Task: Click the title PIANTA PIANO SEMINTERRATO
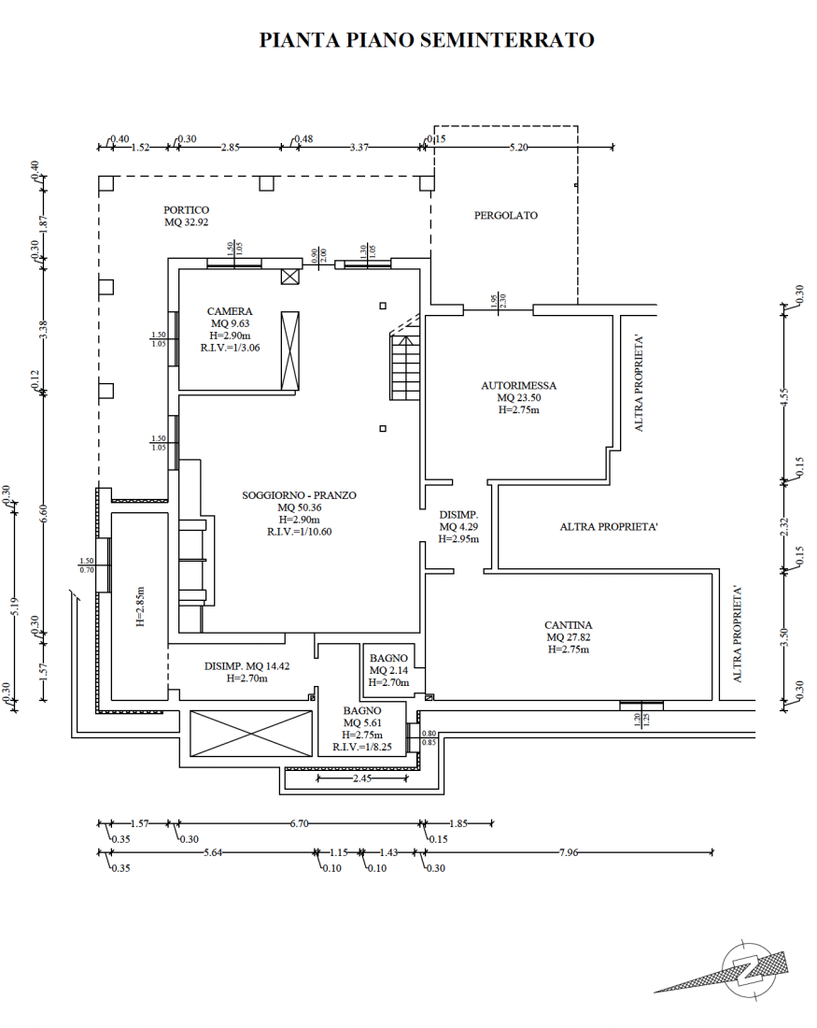point(427,40)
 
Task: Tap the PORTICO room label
point(187,209)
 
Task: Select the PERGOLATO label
point(506,215)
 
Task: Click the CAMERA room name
point(230,311)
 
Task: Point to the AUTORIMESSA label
point(519,385)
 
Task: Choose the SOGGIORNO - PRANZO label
point(300,495)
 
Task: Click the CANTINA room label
point(568,625)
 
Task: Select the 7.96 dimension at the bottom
point(569,852)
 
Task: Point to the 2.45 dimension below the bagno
point(362,778)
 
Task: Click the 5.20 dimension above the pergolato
point(518,147)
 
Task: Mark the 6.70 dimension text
point(300,822)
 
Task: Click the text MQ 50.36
point(300,507)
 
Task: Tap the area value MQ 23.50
point(519,397)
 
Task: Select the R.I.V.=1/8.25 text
point(362,747)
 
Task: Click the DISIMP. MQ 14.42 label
point(247,666)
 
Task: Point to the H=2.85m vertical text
point(141,607)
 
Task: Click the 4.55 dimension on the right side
point(785,398)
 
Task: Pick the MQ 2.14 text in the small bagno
point(388,670)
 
